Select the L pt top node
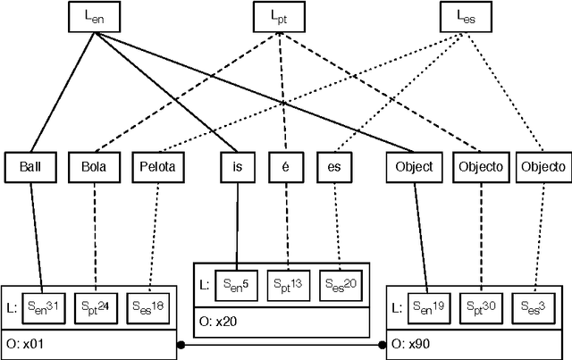(x=279, y=17)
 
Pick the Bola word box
(x=94, y=167)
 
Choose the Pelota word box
(x=158, y=167)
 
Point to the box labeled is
(x=238, y=167)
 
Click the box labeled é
(x=285, y=167)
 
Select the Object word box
(x=413, y=167)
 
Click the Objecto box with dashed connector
(x=481, y=167)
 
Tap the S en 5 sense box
(x=237, y=284)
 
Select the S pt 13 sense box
(x=288, y=284)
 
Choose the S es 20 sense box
(x=339, y=284)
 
